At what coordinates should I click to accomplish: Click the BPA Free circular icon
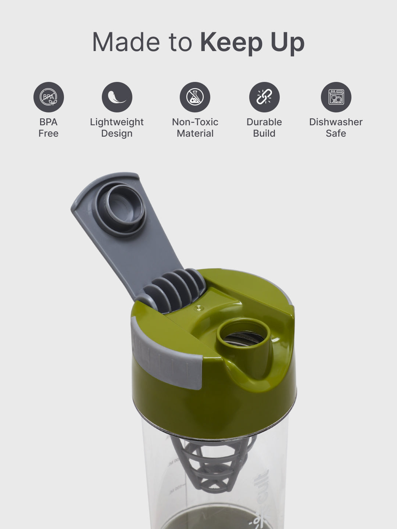pyautogui.click(x=49, y=97)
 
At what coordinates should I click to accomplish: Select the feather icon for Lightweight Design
pyautogui.click(x=117, y=97)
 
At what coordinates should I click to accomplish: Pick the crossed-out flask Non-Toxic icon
pyautogui.click(x=195, y=97)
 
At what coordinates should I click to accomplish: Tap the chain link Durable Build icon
pyautogui.click(x=264, y=97)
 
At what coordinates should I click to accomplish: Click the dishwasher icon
pyautogui.click(x=336, y=97)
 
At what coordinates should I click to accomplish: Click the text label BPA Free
pyautogui.click(x=49, y=127)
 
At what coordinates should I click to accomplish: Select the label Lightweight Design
pyautogui.click(x=117, y=127)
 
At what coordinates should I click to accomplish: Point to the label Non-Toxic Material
pyautogui.click(x=195, y=127)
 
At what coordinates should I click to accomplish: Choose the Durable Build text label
pyautogui.click(x=264, y=127)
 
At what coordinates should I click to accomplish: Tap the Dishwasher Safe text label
pyautogui.click(x=336, y=127)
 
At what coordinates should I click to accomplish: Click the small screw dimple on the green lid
pyautogui.click(x=199, y=308)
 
